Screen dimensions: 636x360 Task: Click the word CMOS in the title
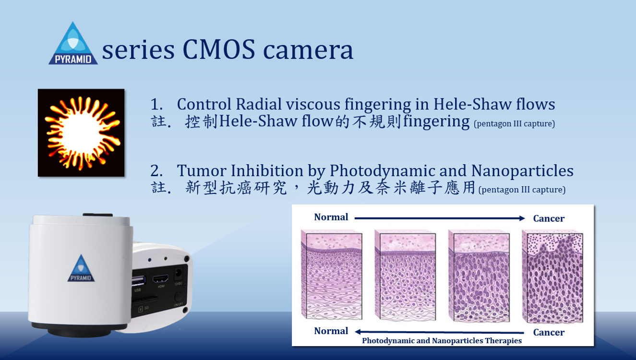218,49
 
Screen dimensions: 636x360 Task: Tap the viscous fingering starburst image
81,132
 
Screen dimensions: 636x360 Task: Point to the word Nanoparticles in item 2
522,171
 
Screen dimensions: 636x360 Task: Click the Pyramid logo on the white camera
81,268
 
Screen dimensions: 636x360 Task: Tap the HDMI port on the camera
160,279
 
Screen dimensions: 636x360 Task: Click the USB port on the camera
139,281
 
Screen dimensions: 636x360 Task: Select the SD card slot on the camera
144,299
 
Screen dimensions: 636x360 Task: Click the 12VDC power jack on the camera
178,274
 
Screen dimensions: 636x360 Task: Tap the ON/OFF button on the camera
178,297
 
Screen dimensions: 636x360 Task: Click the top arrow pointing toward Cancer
440,218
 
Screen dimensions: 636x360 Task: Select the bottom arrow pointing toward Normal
440,332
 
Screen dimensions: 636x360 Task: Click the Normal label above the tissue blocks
331,217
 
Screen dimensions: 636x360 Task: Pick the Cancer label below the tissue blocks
549,332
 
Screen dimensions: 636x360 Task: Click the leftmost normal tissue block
332,275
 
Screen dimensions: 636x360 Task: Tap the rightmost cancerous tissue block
553,276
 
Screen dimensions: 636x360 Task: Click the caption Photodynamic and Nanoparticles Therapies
442,340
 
